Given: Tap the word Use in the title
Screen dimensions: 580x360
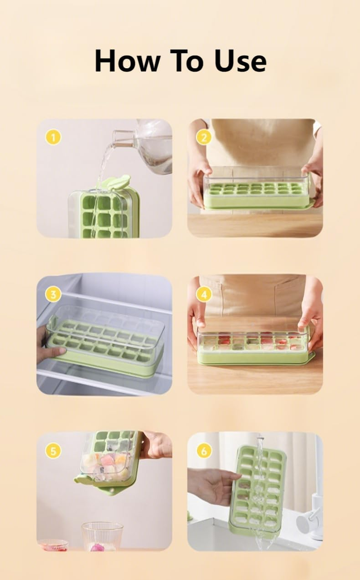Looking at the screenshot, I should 240,61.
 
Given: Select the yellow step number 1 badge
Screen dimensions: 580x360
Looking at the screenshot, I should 53,137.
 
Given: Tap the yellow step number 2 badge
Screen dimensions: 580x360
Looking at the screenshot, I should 204,137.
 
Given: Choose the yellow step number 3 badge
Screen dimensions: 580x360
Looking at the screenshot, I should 53,294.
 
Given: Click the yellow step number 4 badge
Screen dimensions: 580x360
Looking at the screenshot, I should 204,294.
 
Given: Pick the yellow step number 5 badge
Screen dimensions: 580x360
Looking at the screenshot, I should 53,451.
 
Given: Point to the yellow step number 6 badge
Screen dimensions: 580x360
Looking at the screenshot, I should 204,451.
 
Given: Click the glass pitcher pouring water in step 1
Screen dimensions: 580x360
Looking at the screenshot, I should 148,146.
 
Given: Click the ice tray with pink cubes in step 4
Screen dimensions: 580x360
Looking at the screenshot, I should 254,346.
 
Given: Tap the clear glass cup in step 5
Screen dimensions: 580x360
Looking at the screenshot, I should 102,536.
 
